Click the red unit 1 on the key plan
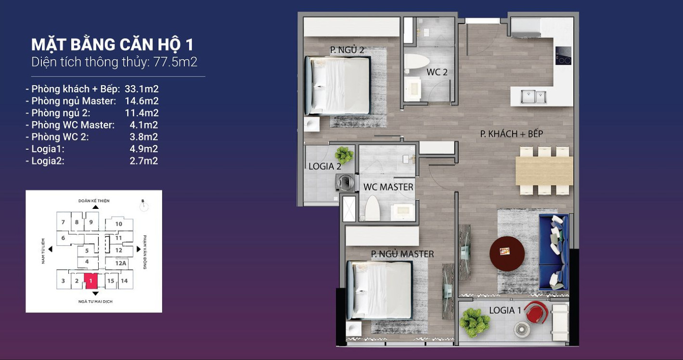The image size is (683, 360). pyautogui.click(x=90, y=281)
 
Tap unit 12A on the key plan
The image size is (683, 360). pyautogui.click(x=121, y=263)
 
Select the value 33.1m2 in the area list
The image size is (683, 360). pyautogui.click(x=142, y=89)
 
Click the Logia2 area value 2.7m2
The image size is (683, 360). pyautogui.click(x=143, y=161)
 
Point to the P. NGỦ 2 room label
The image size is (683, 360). pyautogui.click(x=347, y=50)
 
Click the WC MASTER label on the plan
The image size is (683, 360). pyautogui.click(x=388, y=187)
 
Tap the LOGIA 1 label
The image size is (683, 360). pyautogui.click(x=505, y=310)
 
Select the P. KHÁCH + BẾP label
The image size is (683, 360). pyautogui.click(x=511, y=134)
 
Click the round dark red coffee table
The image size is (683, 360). pyautogui.click(x=507, y=254)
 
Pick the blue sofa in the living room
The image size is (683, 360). pyautogui.click(x=554, y=252)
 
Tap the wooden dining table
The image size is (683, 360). pyautogui.click(x=544, y=171)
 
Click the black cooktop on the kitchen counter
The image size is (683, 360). pyautogui.click(x=563, y=55)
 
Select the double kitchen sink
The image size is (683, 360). pyautogui.click(x=533, y=97)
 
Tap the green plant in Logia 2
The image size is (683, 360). pyautogui.click(x=344, y=155)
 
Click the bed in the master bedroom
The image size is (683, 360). pyautogui.click(x=380, y=290)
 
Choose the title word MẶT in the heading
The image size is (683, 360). pyautogui.click(x=48, y=44)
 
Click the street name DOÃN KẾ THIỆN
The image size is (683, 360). pyautogui.click(x=94, y=201)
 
